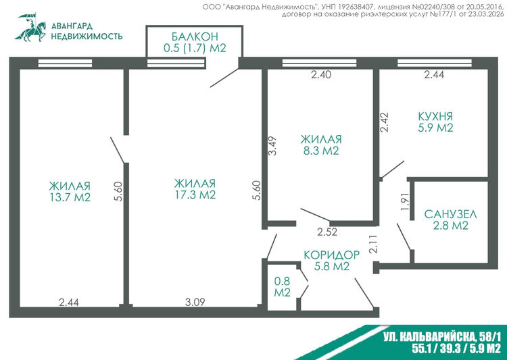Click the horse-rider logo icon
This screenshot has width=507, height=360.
tap(30, 28)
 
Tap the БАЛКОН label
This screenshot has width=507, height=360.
tap(195, 36)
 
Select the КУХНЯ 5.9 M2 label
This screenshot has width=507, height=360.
tap(435, 122)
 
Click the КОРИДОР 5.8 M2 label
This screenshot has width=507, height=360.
tap(332, 261)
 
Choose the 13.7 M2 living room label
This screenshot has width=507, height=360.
tap(70, 192)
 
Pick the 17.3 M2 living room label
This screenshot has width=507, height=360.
tap(195, 189)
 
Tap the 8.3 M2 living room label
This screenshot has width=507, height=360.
tap(320, 145)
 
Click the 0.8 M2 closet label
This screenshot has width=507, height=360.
tap(283, 287)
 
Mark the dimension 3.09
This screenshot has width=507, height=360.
tap(195, 303)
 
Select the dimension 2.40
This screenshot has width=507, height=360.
tap(321, 75)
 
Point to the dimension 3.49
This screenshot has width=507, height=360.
tap(273, 146)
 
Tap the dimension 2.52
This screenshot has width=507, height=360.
tap(327, 232)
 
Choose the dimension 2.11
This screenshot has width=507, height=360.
tap(372, 244)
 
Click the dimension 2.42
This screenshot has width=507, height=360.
tap(384, 122)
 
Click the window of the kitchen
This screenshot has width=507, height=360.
tap(434, 63)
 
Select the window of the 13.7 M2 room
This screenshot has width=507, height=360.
tap(66, 63)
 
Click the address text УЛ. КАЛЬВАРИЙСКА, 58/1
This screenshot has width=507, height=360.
tap(442, 338)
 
